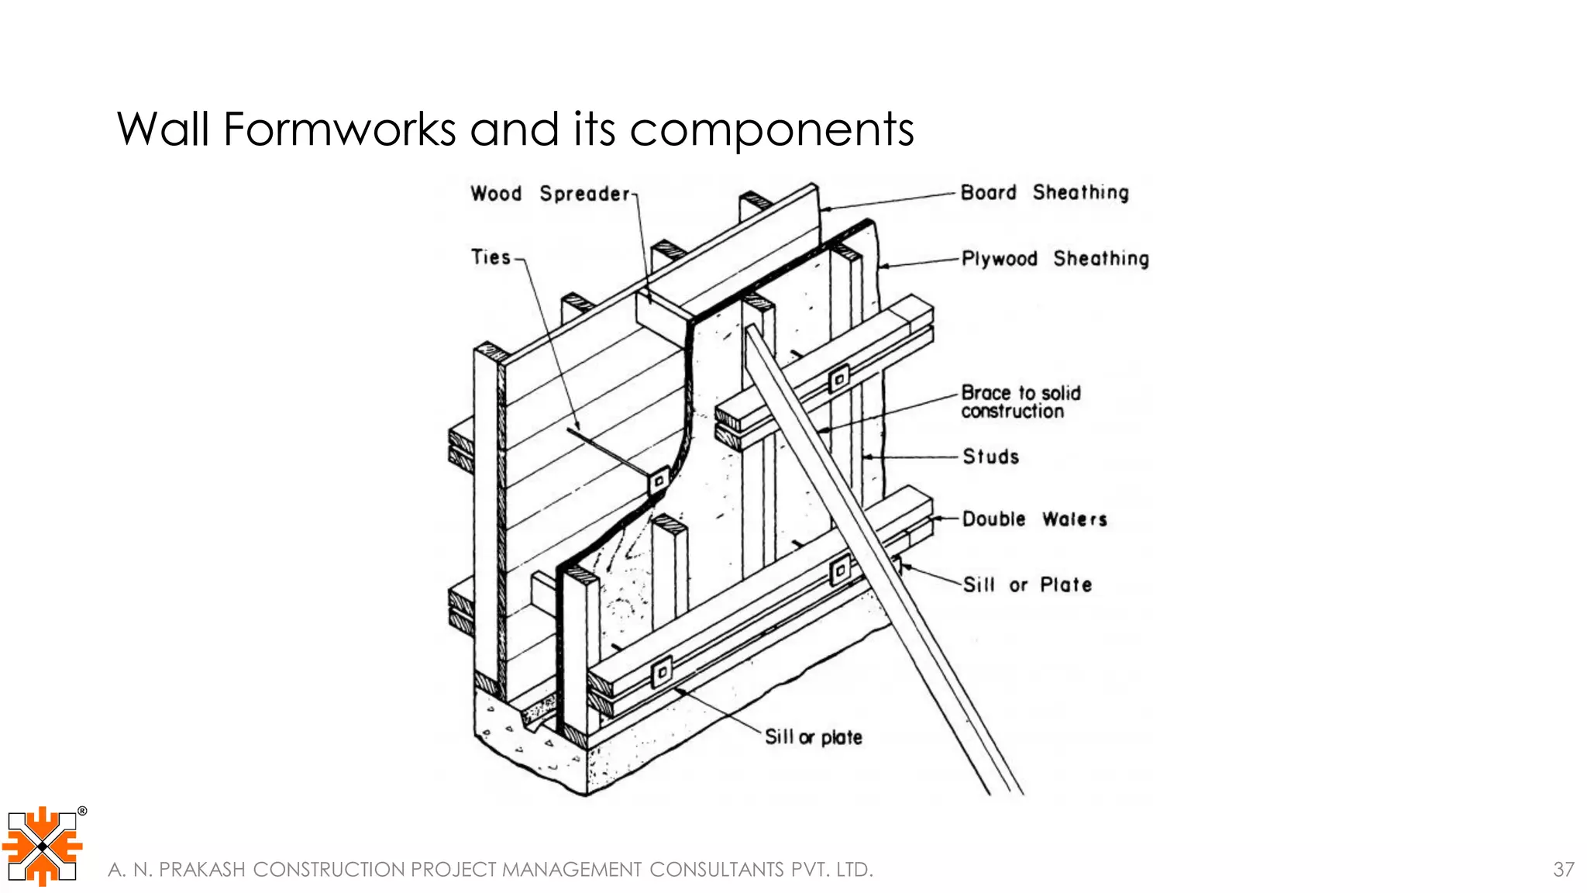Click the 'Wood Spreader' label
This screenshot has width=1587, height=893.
click(550, 193)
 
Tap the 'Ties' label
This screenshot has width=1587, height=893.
click(491, 257)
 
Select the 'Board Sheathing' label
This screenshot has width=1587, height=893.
click(1044, 192)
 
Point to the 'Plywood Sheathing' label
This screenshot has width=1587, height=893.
click(1055, 259)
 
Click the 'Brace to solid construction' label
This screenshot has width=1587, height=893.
click(1020, 402)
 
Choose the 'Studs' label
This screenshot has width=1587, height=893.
click(990, 457)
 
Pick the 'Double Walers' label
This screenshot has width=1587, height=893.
click(1034, 519)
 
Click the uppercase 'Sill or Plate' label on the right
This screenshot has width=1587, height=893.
click(1027, 585)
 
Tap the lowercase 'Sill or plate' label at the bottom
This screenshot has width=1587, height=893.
click(813, 737)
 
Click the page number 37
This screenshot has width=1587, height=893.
click(1563, 870)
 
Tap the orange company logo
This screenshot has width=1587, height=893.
click(42, 846)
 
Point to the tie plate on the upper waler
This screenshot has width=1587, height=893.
click(838, 380)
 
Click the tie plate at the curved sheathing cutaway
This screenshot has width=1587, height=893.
click(659, 481)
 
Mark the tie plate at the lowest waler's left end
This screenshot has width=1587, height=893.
click(662, 671)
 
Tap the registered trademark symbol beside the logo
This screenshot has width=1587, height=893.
click(82, 812)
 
